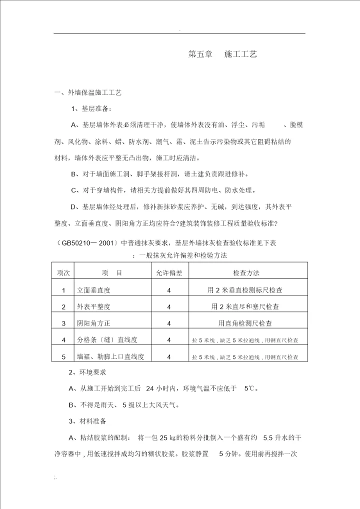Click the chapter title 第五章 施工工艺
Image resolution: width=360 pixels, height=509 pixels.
[x=222, y=54]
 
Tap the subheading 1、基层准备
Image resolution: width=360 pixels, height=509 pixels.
[x=91, y=108]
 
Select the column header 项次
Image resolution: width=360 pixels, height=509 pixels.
[x=63, y=273]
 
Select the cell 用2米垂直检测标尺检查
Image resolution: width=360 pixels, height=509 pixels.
[x=248, y=290]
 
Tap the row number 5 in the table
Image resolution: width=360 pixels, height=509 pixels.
[x=63, y=356]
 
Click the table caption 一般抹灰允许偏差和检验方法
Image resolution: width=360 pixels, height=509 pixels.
[x=182, y=255]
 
